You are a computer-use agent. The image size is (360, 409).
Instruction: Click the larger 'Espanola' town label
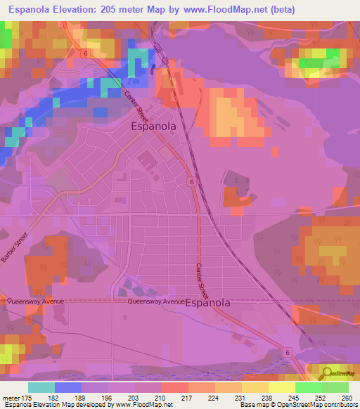point(154,126)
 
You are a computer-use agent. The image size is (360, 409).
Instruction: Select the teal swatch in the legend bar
point(41,387)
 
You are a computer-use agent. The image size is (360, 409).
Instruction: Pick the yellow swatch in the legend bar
point(281,387)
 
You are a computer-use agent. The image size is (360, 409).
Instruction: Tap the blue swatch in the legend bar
point(68,387)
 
